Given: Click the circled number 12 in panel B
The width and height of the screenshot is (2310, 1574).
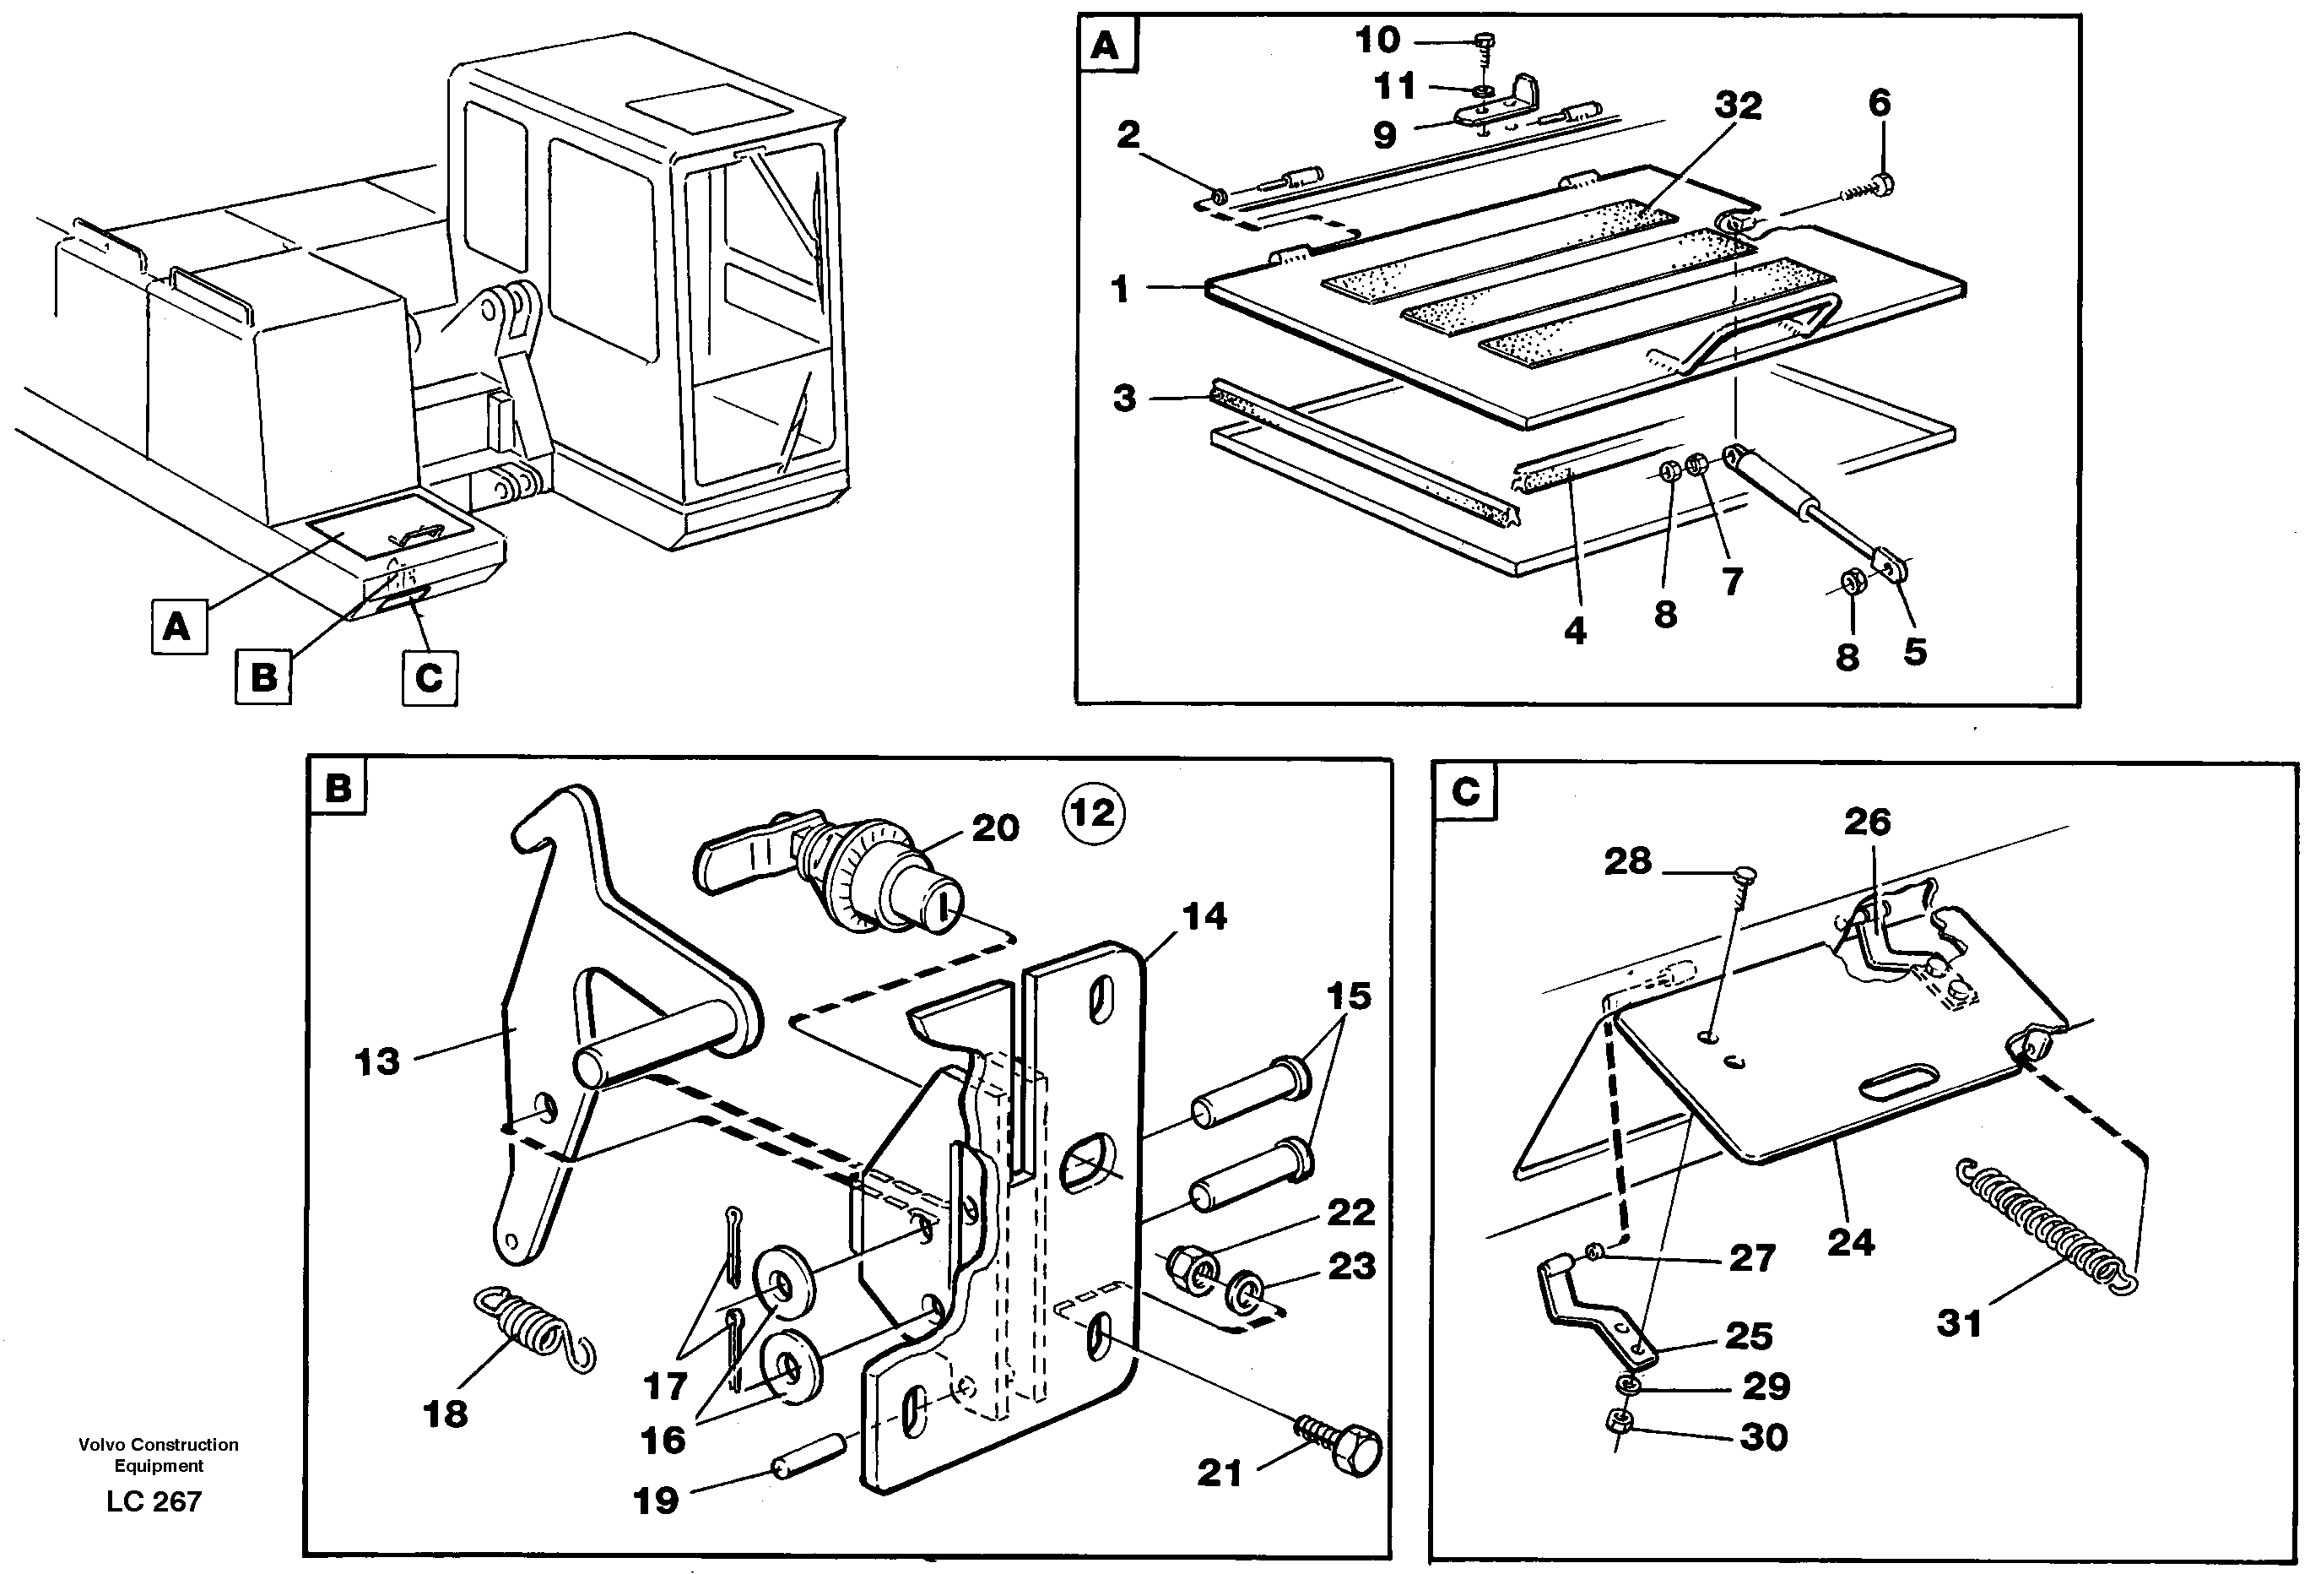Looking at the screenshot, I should pyautogui.click(x=1092, y=814).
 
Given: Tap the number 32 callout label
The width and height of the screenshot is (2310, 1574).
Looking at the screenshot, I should pyautogui.click(x=1738, y=106).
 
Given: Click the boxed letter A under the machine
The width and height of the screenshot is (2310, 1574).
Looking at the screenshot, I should pyautogui.click(x=178, y=627).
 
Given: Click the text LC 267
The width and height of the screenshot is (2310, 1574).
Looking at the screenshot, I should pyautogui.click(x=154, y=1501).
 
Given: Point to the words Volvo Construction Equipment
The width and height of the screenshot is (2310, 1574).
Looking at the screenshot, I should pyautogui.click(x=159, y=1454).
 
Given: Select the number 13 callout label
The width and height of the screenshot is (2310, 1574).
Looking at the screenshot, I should pyautogui.click(x=376, y=1062).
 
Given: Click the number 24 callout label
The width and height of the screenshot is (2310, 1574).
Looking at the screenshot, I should pyautogui.click(x=1851, y=1242).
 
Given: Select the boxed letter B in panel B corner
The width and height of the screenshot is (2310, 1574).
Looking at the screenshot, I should pyautogui.click(x=338, y=789).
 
